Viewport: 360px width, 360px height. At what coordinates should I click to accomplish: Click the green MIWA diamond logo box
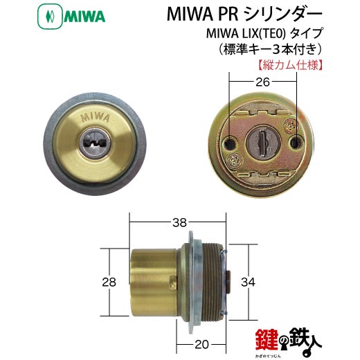50,17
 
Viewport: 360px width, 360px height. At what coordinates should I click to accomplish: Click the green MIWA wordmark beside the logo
84,17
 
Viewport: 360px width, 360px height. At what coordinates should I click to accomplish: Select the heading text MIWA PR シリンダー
244,15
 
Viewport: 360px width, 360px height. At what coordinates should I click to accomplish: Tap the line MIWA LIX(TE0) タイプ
264,34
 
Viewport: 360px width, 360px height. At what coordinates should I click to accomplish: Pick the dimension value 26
262,82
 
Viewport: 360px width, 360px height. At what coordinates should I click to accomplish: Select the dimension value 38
179,222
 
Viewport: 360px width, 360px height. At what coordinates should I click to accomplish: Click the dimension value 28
109,282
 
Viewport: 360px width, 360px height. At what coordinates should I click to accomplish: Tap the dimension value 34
248,282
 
